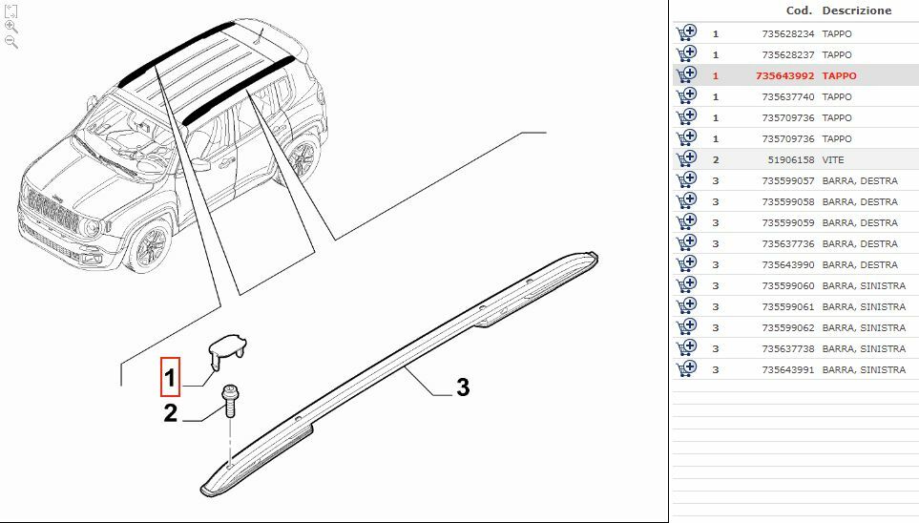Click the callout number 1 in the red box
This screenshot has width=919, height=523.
coord(170,378)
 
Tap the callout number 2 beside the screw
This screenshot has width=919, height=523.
coord(170,413)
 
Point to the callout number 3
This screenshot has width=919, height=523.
coord(463,387)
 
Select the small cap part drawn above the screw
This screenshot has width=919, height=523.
coord(228,348)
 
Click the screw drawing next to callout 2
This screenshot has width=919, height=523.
coord(229,402)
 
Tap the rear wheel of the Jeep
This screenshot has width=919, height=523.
coord(304,157)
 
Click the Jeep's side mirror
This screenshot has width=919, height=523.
coord(201,164)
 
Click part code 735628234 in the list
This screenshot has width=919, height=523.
coord(787,33)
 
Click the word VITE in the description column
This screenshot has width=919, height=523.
coord(833,159)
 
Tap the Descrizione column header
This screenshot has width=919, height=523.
coord(856,10)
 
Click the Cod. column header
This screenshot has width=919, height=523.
coord(799,10)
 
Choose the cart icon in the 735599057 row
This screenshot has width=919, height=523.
coord(686,180)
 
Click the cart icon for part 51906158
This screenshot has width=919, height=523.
coord(686,159)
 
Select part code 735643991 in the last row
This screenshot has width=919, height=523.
coord(787,369)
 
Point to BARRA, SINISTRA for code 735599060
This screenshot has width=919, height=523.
coord(863,285)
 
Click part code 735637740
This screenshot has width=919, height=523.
coord(787,96)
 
